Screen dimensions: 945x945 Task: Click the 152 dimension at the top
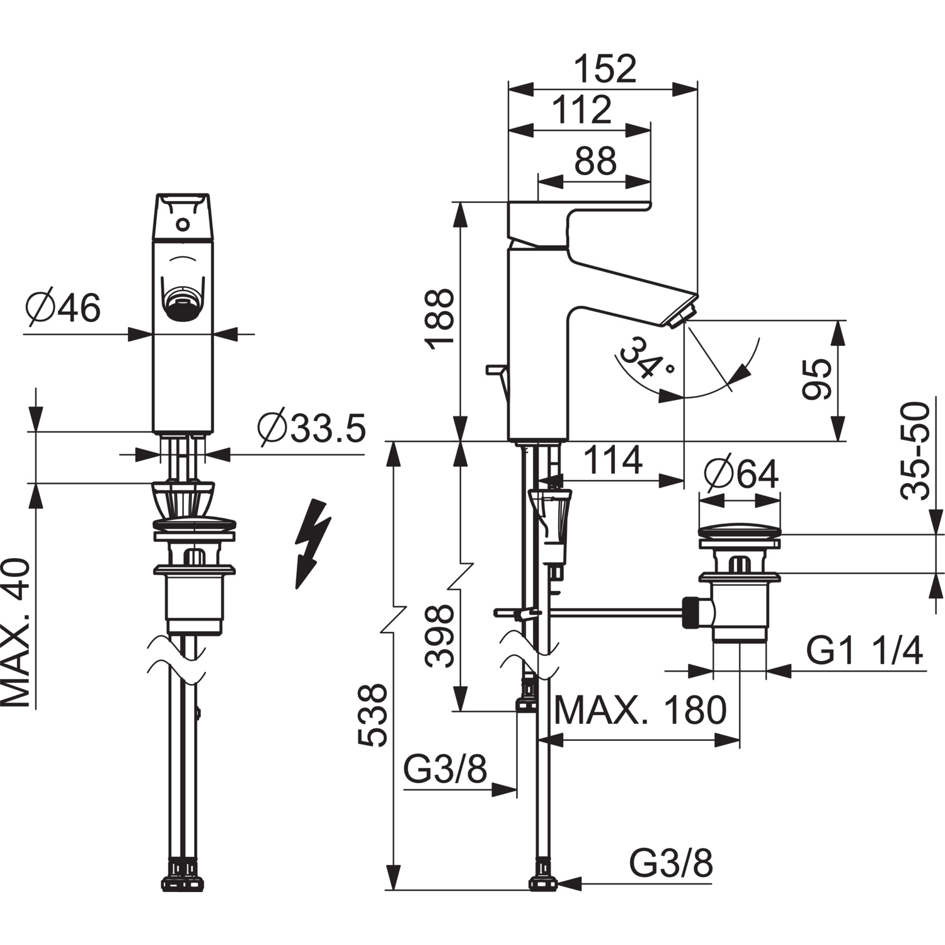[x=605, y=69]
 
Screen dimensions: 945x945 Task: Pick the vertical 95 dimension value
[x=817, y=379]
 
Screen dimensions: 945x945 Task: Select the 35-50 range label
[x=915, y=451]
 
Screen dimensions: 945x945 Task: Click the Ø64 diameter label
[x=742, y=474]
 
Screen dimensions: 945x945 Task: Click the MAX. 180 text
[x=640, y=711]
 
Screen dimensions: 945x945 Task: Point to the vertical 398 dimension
[x=439, y=636]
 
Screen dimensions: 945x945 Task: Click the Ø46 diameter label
[x=63, y=309]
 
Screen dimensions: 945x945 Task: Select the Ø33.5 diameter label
[x=311, y=429]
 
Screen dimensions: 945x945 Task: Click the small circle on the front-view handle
[x=183, y=224]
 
